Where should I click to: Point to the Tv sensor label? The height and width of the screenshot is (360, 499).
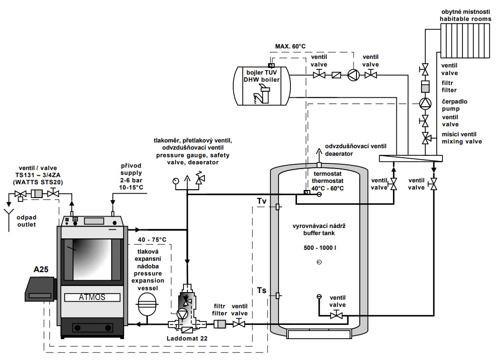(x=261, y=201)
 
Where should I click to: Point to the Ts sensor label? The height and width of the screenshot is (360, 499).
(x=261, y=290)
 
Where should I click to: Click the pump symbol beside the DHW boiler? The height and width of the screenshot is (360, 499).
(x=354, y=75)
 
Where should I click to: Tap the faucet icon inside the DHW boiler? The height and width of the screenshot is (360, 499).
(x=259, y=95)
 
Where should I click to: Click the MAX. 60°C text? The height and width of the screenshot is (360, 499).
(x=290, y=46)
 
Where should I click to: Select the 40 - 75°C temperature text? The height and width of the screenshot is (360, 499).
(x=152, y=239)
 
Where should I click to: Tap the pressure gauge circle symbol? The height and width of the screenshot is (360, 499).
(x=176, y=180)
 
